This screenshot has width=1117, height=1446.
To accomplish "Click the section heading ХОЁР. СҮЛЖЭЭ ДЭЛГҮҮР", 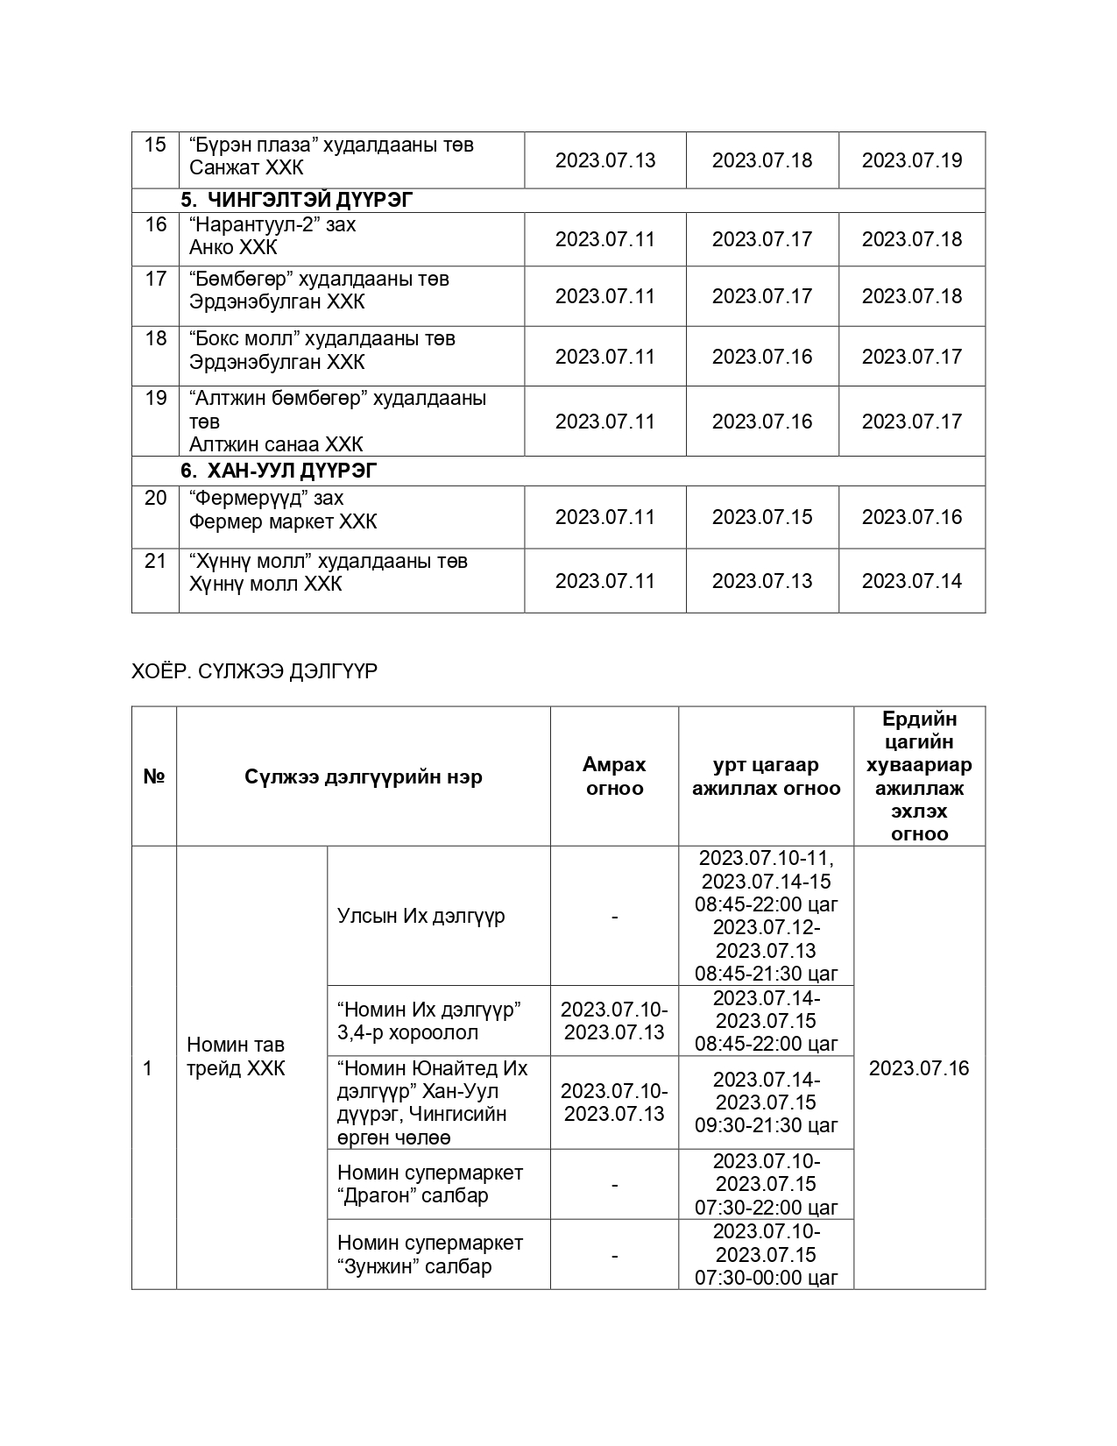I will [254, 671].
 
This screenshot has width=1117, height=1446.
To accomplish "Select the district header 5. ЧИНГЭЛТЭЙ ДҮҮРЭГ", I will [297, 201].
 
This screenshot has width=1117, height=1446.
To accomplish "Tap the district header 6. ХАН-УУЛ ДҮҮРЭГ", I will [279, 471].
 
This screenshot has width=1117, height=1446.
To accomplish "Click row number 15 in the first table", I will [155, 145].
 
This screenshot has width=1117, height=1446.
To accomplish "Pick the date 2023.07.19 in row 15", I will [911, 160].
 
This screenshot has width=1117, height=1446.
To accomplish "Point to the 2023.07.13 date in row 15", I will [604, 160].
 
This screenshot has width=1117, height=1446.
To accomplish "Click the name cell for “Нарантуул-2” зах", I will [272, 236].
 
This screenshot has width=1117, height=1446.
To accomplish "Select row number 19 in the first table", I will [155, 399].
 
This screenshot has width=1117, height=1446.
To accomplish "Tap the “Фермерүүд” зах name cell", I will [283, 510].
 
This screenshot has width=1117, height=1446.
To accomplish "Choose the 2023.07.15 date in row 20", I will [761, 517].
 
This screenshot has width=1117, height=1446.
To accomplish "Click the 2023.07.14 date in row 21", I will [911, 581].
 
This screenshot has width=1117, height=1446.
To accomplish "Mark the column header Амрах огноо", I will [613, 776].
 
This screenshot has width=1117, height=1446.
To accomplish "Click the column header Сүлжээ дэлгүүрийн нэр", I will [363, 777].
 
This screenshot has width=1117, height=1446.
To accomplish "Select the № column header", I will [154, 777].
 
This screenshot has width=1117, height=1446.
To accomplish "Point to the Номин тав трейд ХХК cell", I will [236, 1057].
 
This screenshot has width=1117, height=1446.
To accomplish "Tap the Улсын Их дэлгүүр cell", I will [421, 916].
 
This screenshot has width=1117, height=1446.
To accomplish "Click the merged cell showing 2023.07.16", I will [919, 1068].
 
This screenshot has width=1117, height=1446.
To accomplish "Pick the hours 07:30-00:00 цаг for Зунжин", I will [767, 1278].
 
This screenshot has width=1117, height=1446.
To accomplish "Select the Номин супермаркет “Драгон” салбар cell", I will [429, 1184].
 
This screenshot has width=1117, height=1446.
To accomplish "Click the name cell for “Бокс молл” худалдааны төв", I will [322, 351].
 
